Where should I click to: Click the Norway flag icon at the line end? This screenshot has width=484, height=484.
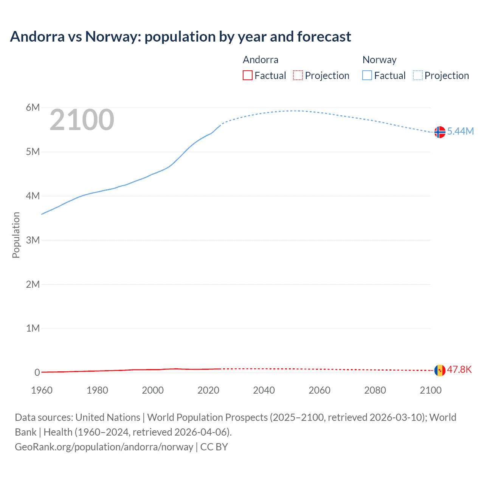tap(440, 132)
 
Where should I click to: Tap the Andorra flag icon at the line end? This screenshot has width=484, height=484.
tap(440, 370)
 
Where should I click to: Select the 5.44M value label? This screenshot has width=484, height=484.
tap(460, 131)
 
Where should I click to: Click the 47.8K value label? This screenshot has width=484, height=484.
tap(459, 369)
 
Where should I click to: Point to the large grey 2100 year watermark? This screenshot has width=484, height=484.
tap(82, 120)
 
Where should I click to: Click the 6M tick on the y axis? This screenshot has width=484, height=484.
tap(33, 108)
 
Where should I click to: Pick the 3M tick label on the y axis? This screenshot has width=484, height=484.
tap(33, 240)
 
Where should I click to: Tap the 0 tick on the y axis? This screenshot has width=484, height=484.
tap(37, 372)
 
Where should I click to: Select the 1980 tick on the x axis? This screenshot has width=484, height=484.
tap(97, 390)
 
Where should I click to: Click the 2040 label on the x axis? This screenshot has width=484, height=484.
tap(264, 390)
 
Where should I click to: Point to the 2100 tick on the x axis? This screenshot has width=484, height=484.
tap(430, 390)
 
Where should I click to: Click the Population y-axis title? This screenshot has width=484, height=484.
tap(16, 235)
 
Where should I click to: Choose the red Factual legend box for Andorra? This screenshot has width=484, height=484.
tap(248, 75)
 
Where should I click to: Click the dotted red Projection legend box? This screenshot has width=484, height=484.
tap(298, 75)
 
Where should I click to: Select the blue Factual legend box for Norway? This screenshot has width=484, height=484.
tap(367, 75)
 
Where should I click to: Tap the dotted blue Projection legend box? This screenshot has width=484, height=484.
tap(417, 75)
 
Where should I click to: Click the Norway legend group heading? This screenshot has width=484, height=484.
tap(379, 60)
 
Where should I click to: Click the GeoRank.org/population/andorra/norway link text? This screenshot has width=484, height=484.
tap(104, 447)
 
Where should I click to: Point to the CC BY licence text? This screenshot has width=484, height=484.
tap(214, 447)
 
